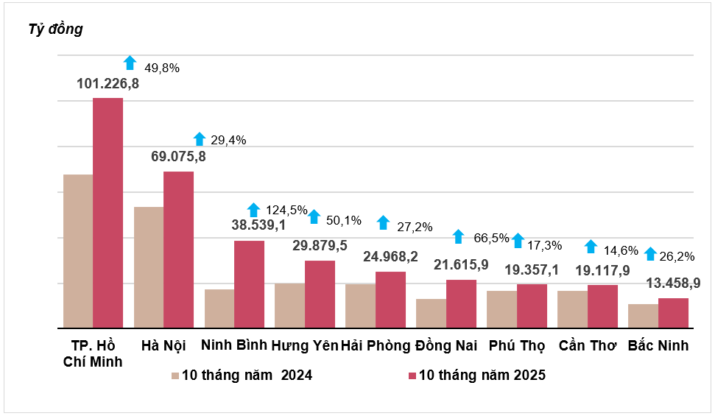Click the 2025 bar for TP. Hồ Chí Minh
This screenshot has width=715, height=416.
pyautogui.click(x=108, y=213)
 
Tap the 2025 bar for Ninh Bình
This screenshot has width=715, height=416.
pyautogui.click(x=249, y=284)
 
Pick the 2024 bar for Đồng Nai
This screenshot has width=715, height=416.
pyautogui.click(x=431, y=313)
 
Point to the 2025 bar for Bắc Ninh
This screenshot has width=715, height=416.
pyautogui.click(x=673, y=313)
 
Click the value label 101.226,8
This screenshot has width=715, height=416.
pyautogui.click(x=108, y=84)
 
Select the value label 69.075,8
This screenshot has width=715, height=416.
pyautogui.click(x=178, y=157)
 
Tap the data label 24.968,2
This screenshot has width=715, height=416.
pyautogui.click(x=391, y=257)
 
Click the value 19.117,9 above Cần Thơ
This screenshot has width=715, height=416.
pyautogui.click(x=602, y=269)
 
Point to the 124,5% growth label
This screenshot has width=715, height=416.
pyautogui.click(x=286, y=210)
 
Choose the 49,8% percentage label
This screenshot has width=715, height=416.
pyautogui.click(x=161, y=68)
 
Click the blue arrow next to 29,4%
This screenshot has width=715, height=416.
pyautogui.click(x=200, y=138)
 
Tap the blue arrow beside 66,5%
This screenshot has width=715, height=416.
pyautogui.click(x=458, y=236)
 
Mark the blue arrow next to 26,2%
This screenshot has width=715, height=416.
pyautogui.click(x=650, y=254)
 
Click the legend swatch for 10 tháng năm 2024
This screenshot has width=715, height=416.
pyautogui.click(x=175, y=376)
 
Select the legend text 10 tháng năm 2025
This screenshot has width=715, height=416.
pyautogui.click(x=482, y=376)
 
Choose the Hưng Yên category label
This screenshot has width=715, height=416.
pyautogui.click(x=304, y=345)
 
